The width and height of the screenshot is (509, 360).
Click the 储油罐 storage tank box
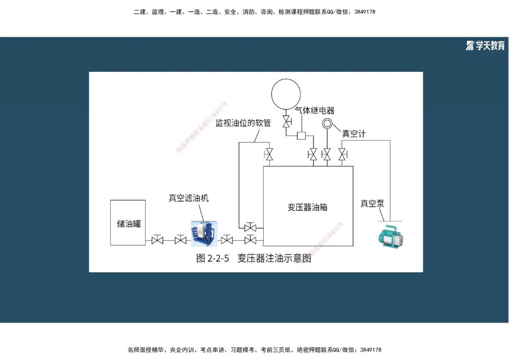(128, 223)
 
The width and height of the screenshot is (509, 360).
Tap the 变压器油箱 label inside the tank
(307, 207)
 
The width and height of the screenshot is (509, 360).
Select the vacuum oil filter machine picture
(204, 234)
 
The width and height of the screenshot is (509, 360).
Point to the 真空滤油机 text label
(188, 198)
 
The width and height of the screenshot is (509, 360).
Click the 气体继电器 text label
(315, 110)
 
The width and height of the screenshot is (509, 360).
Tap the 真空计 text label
(353, 134)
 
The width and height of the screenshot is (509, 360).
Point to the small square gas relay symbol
(301, 135)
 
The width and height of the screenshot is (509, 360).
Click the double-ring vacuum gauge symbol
(327, 124)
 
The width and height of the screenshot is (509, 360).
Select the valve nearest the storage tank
(157, 239)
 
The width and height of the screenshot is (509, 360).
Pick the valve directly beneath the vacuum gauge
(327, 153)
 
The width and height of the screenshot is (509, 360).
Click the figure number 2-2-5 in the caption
(218, 259)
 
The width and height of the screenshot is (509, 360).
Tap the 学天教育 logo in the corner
(486, 46)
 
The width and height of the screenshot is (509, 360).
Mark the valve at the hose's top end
(268, 153)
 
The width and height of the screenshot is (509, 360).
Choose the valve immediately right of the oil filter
(227, 239)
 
